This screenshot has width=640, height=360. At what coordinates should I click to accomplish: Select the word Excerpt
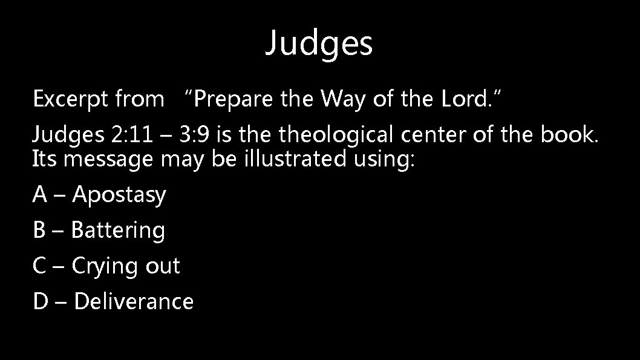point(67,99)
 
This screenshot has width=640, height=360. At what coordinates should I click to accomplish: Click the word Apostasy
point(119,195)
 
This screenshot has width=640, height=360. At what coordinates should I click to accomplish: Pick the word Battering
point(118,231)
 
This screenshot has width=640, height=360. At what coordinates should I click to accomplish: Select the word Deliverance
point(133,301)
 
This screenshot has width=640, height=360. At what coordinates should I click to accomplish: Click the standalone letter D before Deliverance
point(41,301)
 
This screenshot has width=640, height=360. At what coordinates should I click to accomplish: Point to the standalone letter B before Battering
point(40,230)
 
